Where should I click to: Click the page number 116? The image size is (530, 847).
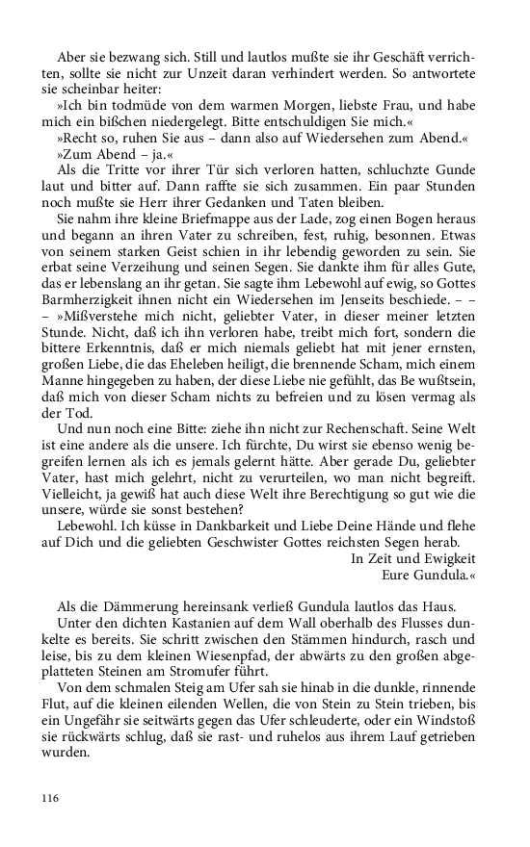click(51, 798)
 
